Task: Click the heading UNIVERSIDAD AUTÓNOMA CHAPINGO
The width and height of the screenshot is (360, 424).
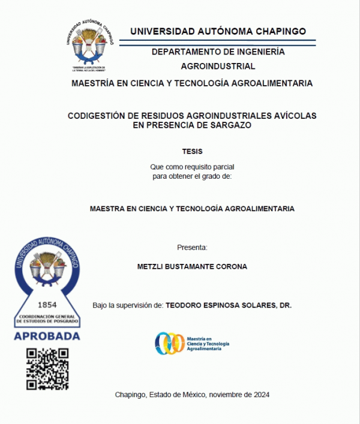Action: [x=218, y=31]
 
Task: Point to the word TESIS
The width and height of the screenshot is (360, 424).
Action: [x=192, y=151]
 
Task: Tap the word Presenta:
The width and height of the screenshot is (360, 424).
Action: [x=192, y=247]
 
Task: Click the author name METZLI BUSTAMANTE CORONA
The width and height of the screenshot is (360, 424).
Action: [x=192, y=266]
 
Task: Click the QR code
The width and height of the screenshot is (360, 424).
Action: [x=47, y=369]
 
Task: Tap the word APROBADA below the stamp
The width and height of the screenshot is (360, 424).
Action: [x=47, y=336]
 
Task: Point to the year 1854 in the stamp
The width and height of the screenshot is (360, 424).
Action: [x=47, y=304]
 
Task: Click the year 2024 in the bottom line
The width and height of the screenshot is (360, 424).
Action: [x=260, y=395]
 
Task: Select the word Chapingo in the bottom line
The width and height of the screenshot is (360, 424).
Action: [x=130, y=395]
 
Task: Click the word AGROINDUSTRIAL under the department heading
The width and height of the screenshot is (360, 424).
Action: [x=218, y=66]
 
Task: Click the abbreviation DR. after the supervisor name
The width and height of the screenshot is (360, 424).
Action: [x=286, y=305]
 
